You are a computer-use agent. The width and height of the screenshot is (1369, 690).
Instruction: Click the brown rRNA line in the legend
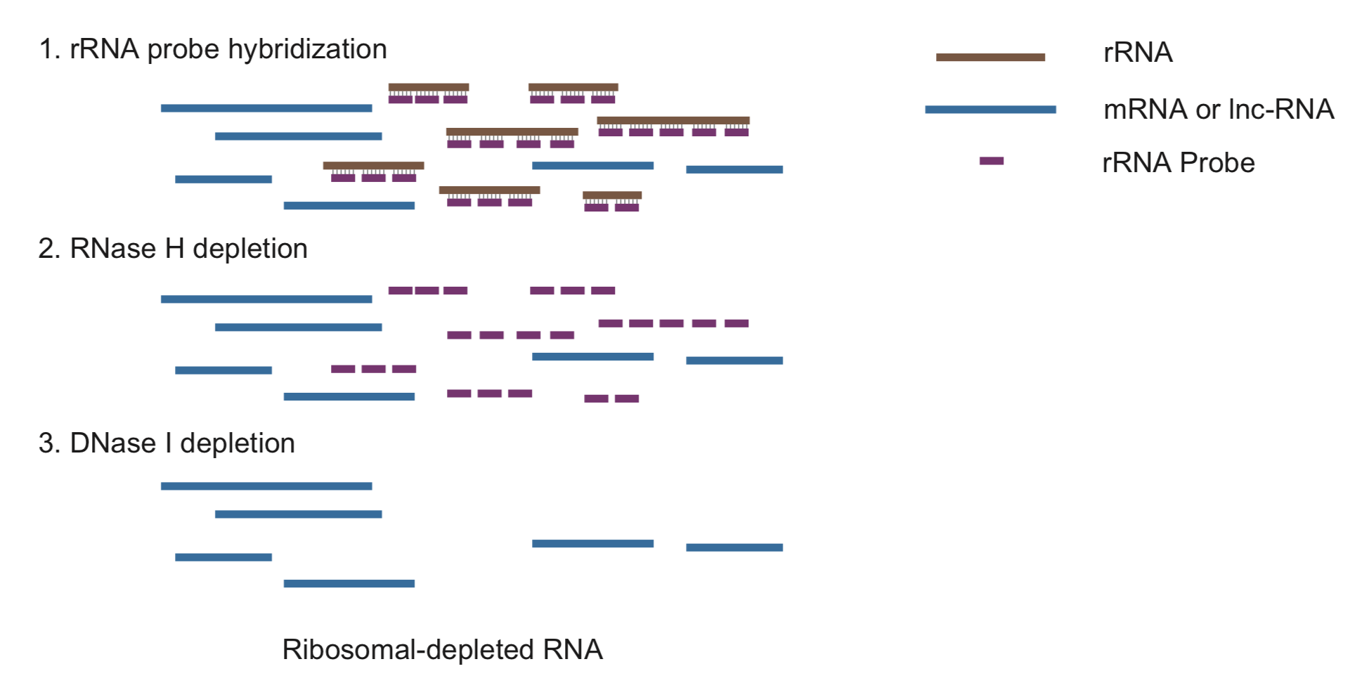pos(990,57)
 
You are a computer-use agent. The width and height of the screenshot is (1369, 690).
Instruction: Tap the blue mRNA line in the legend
pos(990,109)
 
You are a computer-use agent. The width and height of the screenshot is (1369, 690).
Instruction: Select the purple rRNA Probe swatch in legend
pos(992,161)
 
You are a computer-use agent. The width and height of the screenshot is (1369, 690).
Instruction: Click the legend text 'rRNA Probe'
pos(1179,162)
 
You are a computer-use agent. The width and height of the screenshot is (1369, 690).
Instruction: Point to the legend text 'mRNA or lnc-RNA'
pos(1219,109)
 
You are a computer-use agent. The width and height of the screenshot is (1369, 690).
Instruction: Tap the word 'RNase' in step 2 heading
pos(113,249)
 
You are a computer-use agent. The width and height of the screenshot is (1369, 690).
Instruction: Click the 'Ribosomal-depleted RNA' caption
pos(442,649)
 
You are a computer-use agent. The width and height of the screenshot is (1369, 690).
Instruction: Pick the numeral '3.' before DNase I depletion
pos(49,443)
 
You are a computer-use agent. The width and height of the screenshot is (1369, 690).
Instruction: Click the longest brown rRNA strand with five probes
pos(673,120)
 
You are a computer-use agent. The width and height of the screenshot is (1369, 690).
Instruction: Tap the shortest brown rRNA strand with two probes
pos(612,195)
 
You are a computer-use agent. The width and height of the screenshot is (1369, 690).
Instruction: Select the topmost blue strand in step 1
pos(266,108)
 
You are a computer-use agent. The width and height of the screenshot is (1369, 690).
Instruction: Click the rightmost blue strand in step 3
pos(734,547)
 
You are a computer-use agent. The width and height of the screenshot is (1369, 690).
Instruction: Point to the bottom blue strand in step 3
pos(349,583)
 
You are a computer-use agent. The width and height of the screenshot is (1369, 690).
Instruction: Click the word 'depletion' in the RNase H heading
pos(250,249)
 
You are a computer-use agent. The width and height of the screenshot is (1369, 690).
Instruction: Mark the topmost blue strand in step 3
pos(266,486)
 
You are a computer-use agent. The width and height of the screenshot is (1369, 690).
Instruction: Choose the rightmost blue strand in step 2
pos(734,360)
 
